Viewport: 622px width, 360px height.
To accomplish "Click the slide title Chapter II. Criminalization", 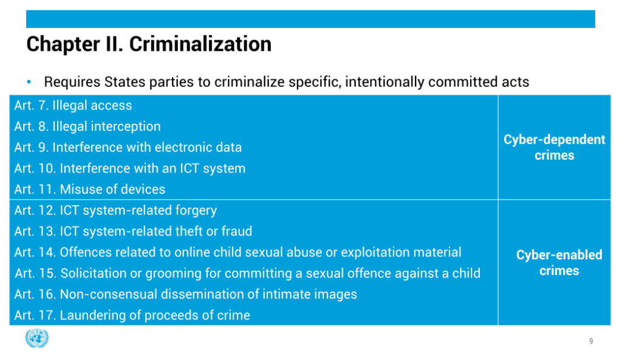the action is click(149, 44).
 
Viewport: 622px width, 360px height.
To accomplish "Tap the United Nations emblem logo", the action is click(37, 338).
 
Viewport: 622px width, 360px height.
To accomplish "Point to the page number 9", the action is click(591, 341).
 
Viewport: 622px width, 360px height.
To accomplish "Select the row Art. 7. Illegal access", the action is click(73, 106).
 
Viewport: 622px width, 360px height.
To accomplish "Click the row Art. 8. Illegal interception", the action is click(87, 126).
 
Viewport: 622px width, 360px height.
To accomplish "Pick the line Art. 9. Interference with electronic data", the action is click(128, 148).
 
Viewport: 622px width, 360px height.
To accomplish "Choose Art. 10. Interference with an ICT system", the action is click(130, 169).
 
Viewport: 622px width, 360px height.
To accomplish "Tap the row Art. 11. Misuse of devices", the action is click(90, 189).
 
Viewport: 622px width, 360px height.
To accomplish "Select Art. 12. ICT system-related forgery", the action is click(115, 211).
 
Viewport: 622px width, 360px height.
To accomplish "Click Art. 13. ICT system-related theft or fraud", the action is click(133, 231).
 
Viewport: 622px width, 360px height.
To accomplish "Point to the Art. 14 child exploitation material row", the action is click(238, 252).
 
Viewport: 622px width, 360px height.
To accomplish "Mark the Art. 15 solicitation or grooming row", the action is click(248, 273).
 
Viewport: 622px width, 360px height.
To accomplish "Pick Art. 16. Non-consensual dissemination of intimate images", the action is click(186, 294).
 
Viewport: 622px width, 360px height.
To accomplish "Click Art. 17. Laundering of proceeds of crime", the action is click(132, 315).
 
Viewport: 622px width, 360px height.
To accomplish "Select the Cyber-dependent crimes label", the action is click(554, 147).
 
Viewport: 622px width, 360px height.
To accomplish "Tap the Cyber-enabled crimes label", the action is click(559, 262).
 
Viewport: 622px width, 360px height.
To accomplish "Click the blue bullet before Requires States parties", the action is click(29, 82).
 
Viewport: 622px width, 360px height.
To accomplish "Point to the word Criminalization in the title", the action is click(200, 44).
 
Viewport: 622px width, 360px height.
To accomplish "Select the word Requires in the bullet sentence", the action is click(72, 82).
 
